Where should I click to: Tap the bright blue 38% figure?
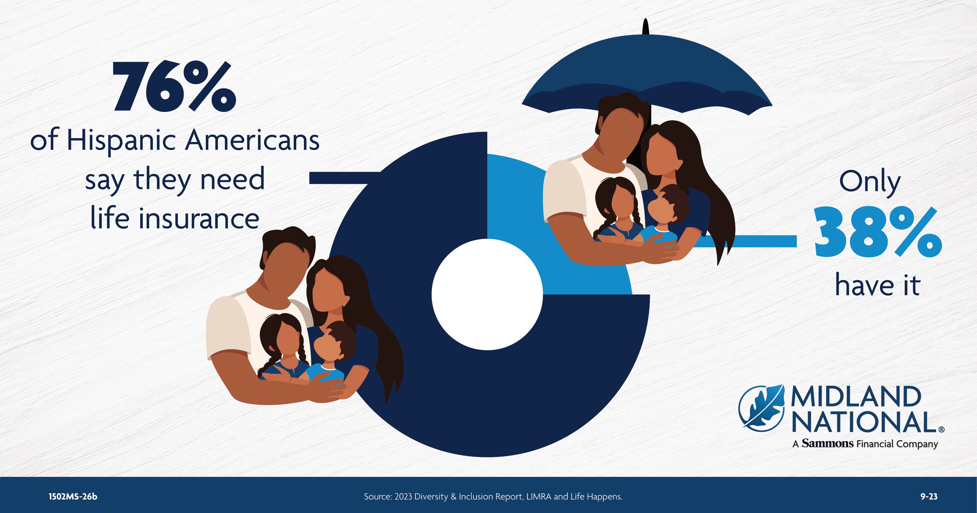[x=878, y=232]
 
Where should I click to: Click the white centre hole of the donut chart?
[x=487, y=294]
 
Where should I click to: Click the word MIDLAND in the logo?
[x=856, y=397]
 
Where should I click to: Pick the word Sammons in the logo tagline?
[x=828, y=443]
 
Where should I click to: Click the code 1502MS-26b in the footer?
[x=73, y=496]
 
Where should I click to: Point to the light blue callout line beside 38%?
[x=747, y=241]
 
